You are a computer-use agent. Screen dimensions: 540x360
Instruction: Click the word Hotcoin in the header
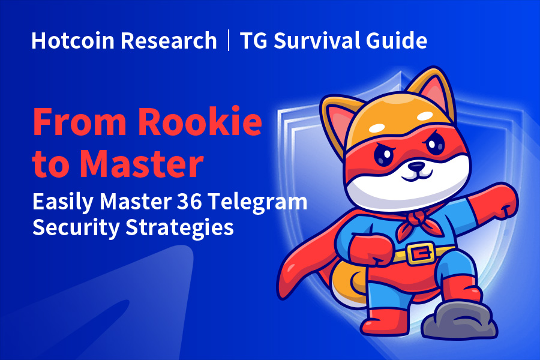[x=73, y=41]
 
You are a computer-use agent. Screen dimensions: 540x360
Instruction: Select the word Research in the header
[x=169, y=41]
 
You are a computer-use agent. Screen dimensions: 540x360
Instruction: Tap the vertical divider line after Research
[x=229, y=40]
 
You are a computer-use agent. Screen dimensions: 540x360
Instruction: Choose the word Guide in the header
[x=397, y=41]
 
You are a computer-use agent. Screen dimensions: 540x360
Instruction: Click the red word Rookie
[x=200, y=122]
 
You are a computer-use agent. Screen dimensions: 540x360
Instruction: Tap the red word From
[x=80, y=122]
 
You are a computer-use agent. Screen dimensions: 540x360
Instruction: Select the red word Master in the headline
[x=142, y=163]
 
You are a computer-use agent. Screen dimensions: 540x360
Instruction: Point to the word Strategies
[x=179, y=228]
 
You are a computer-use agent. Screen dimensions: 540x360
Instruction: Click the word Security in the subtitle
[x=76, y=228]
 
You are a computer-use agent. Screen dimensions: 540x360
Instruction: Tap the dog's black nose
[x=417, y=166]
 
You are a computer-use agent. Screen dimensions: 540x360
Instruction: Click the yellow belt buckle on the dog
[x=420, y=253]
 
